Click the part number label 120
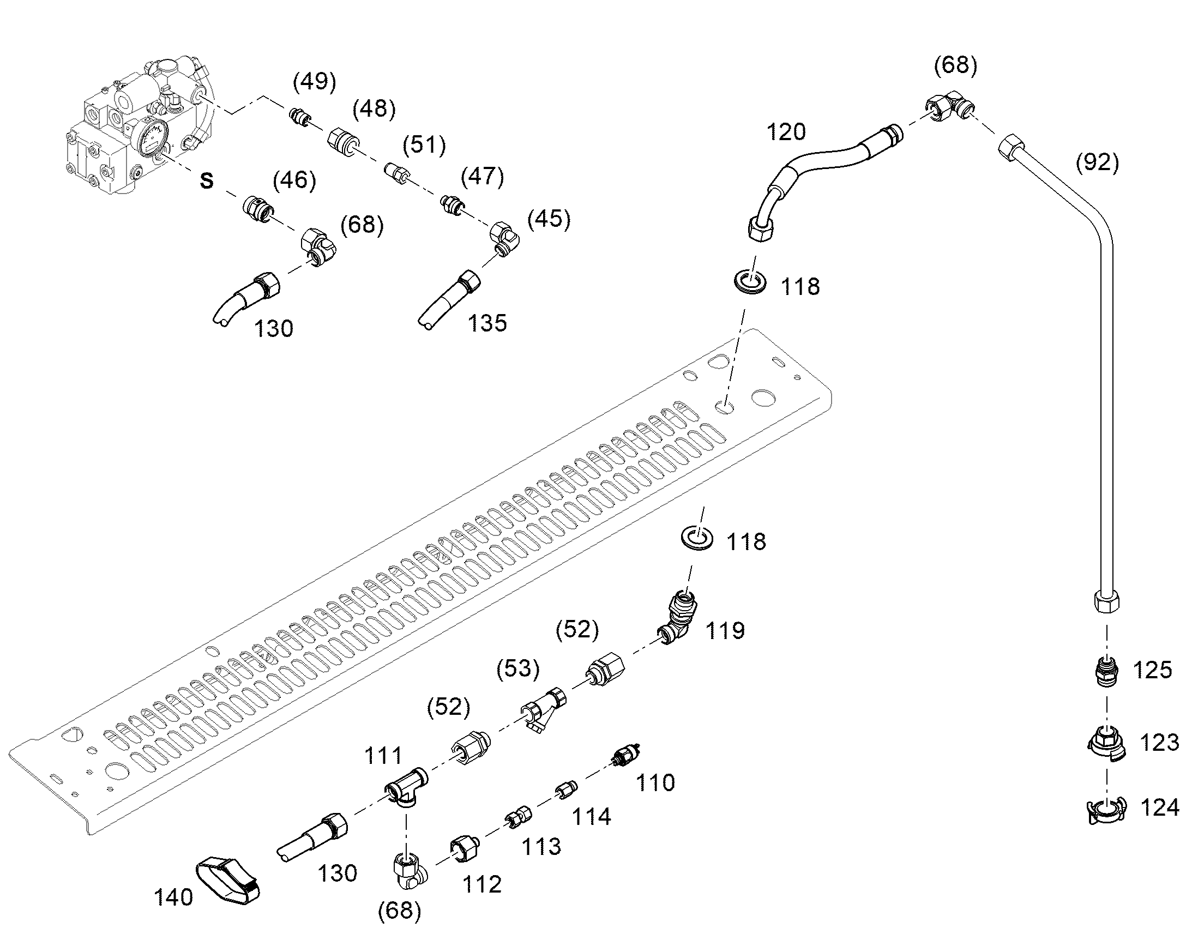click(x=786, y=132)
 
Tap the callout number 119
click(x=725, y=630)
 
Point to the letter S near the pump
click(x=206, y=180)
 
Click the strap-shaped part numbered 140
click(x=228, y=880)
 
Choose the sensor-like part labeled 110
click(x=625, y=756)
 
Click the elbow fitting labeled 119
click(x=678, y=617)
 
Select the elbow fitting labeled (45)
click(x=505, y=238)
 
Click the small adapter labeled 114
click(x=567, y=790)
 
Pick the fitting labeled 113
click(x=519, y=816)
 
